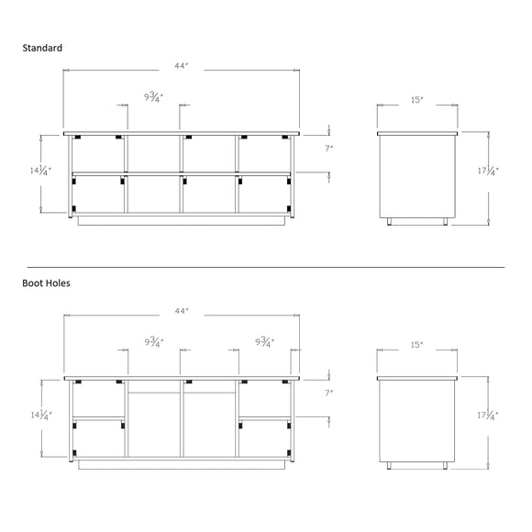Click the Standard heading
[x=42, y=48]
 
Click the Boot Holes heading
[x=46, y=283]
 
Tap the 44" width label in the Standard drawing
[x=182, y=66]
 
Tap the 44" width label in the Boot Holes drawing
[x=182, y=311]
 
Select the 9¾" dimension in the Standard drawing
[x=154, y=97]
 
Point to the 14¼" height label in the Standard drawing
[x=40, y=170]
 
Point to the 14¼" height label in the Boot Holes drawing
[x=41, y=415]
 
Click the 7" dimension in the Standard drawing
[x=329, y=149]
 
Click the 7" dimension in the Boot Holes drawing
[x=329, y=393]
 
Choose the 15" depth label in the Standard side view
[x=417, y=100]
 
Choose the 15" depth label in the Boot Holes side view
[x=417, y=345]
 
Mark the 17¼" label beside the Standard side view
[x=488, y=171]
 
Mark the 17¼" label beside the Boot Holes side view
[x=488, y=416]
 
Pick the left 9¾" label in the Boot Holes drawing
[x=154, y=342]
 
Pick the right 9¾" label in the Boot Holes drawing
[x=265, y=342]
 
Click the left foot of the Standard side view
[x=389, y=222]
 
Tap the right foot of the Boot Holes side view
[x=445, y=466]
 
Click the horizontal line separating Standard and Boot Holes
[x=266, y=267]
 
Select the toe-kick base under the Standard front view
[x=182, y=220]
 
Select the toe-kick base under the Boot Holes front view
[x=182, y=465]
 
